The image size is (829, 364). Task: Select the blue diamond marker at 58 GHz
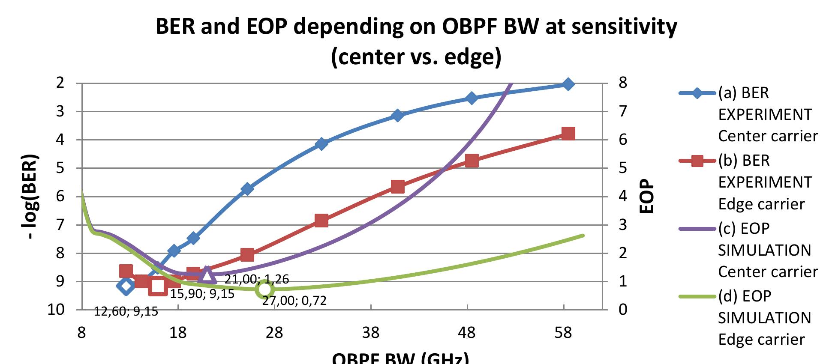click(x=568, y=84)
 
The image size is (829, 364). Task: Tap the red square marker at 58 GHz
click(x=568, y=134)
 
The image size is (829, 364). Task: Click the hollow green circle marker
click(x=264, y=289)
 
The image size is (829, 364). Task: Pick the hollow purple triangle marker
click(x=207, y=275)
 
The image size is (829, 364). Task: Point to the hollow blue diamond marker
click(x=126, y=286)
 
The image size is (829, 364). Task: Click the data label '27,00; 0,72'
click(x=294, y=301)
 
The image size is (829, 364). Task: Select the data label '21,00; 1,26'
click(x=257, y=280)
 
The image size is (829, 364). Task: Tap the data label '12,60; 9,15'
click(x=126, y=311)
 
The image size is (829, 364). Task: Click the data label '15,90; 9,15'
click(x=202, y=294)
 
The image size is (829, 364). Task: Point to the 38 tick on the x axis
click(x=371, y=333)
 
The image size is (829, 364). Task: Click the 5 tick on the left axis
click(x=60, y=168)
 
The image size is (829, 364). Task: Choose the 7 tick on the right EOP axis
click(x=622, y=111)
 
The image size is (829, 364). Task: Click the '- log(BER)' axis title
click(x=31, y=197)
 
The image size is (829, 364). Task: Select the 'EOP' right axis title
click(x=647, y=196)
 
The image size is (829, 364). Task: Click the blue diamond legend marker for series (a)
click(x=697, y=93)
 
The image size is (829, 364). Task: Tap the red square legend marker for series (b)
click(x=697, y=161)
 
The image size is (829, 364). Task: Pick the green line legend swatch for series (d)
click(x=697, y=296)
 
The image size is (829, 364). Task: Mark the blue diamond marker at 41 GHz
click(x=397, y=115)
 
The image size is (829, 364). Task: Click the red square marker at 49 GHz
click(x=472, y=161)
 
